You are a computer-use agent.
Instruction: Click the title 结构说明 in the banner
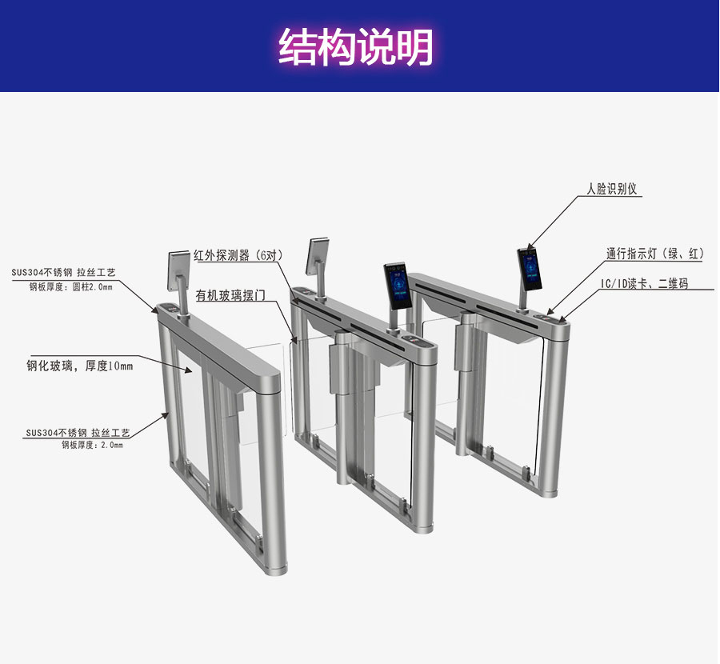pyautogui.click(x=356, y=47)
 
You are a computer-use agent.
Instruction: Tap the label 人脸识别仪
pyautogui.click(x=611, y=190)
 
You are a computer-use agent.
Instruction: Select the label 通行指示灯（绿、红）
pyautogui.click(x=654, y=254)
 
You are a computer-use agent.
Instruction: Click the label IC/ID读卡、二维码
pyautogui.click(x=644, y=284)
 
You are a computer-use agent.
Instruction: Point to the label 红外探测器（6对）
pyautogui.click(x=239, y=256)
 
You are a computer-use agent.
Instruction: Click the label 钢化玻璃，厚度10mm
pyautogui.click(x=79, y=366)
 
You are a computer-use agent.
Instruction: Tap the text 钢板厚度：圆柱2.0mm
pyautogui.click(x=71, y=286)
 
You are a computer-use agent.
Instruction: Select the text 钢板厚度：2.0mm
pyautogui.click(x=92, y=445)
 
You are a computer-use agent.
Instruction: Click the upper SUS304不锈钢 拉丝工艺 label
pyautogui.click(x=63, y=273)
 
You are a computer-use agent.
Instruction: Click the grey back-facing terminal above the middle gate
pyautogui.click(x=318, y=256)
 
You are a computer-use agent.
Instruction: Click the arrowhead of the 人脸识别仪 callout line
pyautogui.click(x=528, y=247)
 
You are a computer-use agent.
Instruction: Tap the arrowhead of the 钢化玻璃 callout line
pyautogui.click(x=190, y=371)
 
